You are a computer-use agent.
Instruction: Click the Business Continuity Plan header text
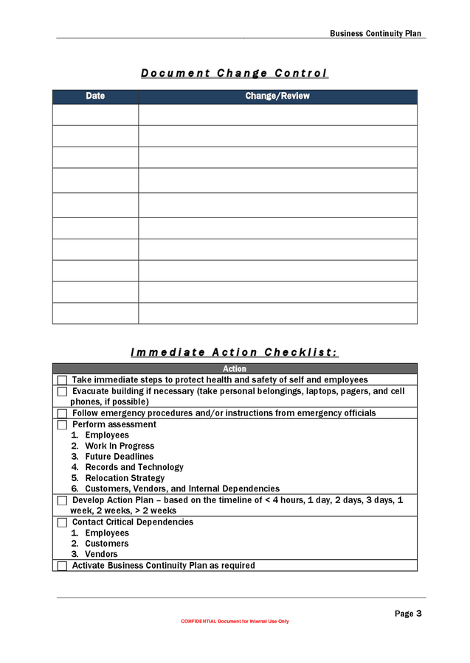tap(376, 33)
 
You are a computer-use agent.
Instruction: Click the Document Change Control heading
tap(235, 73)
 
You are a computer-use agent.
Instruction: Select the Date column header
tap(95, 97)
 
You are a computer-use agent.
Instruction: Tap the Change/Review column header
tap(277, 97)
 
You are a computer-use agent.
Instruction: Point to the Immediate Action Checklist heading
tap(235, 352)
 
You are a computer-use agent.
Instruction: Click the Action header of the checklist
tap(235, 368)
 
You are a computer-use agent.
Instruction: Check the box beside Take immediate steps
tap(62, 380)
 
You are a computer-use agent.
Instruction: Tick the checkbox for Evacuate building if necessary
tap(62, 392)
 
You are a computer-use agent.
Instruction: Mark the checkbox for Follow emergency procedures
tap(62, 413)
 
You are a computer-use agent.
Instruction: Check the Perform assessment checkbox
tap(62, 425)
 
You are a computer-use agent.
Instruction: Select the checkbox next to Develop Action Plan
tap(62, 501)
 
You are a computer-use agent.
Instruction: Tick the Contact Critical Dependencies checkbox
tap(62, 522)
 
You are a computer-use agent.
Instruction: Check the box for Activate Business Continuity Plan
tap(62, 566)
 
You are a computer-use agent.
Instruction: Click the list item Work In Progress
tap(119, 446)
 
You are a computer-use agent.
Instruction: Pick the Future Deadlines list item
tap(119, 457)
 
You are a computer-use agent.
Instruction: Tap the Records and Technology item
tap(134, 467)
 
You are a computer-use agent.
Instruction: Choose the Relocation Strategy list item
tap(125, 478)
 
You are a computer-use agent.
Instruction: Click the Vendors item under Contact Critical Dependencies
tap(101, 554)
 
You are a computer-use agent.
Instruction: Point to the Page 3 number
tap(408, 613)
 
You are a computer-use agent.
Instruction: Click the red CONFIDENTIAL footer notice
tap(235, 622)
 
